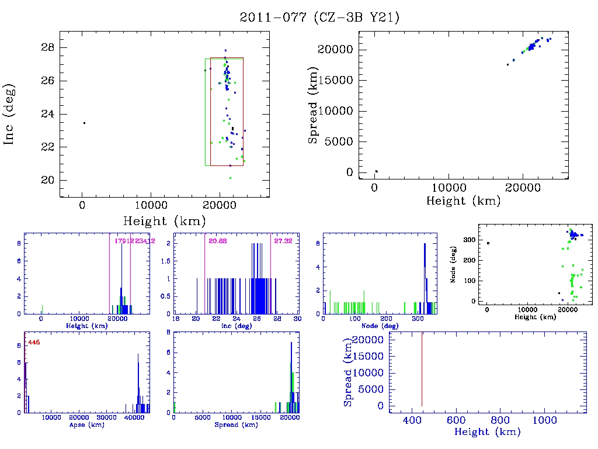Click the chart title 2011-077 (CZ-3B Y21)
tap(320, 18)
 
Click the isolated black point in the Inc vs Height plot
tap(84, 123)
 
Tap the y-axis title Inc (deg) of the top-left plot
tap(9, 115)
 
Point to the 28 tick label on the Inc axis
tap(47, 47)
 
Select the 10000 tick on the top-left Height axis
tap(151, 206)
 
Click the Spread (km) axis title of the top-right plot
tap(313, 111)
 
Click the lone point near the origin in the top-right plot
tap(376, 171)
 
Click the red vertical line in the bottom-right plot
tap(422, 368)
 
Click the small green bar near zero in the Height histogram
tap(42, 309)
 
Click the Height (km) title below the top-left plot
tap(164, 222)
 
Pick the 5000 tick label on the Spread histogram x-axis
tap(202, 418)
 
